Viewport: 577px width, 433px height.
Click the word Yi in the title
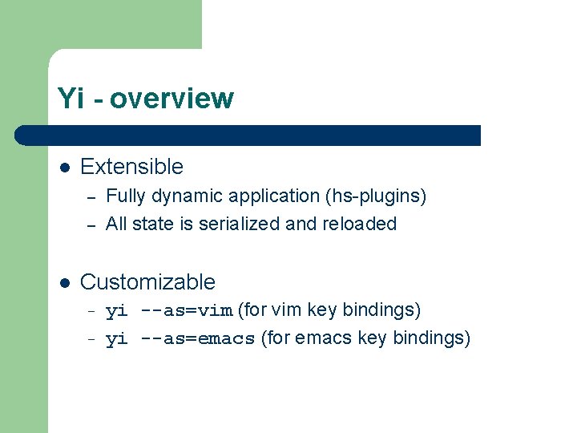70,99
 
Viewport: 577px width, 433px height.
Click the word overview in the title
172,99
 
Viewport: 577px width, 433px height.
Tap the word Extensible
131,167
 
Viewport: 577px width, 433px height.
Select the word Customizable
147,282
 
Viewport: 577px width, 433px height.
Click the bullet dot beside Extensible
64,168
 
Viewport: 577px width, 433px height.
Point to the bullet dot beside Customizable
64,283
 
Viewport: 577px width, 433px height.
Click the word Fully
124,196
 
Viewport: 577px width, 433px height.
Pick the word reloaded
360,225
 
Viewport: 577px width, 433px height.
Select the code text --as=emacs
198,339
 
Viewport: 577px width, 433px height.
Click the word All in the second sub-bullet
117,225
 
